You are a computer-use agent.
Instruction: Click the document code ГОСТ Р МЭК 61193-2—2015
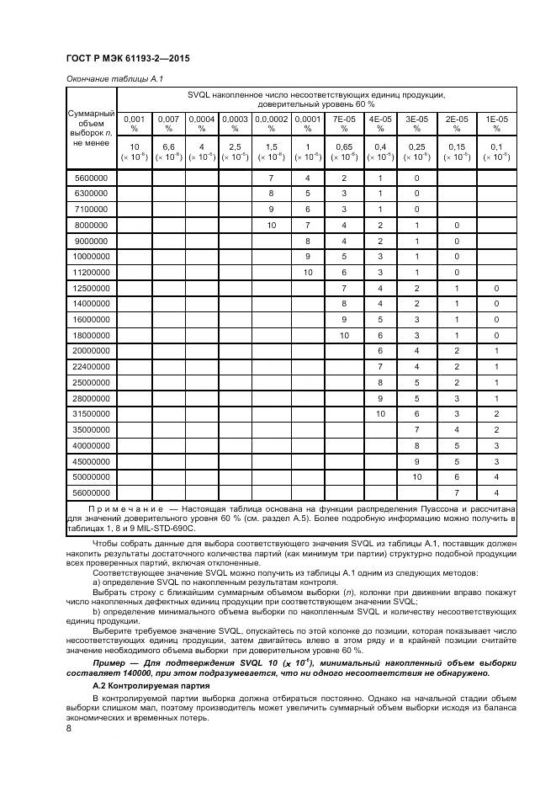(125, 59)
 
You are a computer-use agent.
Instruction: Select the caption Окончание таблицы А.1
(114, 78)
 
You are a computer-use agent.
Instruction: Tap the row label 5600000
(91, 178)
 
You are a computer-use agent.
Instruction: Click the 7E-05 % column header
(343, 124)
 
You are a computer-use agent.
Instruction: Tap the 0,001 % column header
(135, 124)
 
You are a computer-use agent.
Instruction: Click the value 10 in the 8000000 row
(271, 226)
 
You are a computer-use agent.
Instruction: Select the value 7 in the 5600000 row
(271, 178)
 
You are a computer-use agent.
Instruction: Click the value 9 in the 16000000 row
(343, 320)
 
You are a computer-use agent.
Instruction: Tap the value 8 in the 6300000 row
(271, 194)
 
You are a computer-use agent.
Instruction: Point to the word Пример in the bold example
(110, 663)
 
